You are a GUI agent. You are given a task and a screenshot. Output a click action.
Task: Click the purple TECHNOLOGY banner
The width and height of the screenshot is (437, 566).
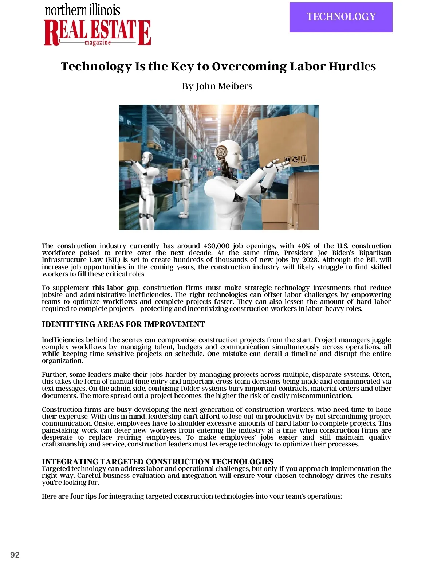[x=341, y=17]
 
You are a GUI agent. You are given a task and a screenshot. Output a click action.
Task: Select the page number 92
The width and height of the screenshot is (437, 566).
[x=15, y=555]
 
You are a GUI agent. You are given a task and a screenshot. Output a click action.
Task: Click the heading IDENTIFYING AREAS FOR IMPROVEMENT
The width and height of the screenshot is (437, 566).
[x=123, y=324]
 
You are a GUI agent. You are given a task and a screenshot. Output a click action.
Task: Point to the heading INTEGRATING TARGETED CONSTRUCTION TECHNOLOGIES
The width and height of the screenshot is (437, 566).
[x=157, y=461]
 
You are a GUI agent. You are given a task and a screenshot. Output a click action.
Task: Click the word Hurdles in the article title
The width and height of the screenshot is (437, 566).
[x=352, y=66]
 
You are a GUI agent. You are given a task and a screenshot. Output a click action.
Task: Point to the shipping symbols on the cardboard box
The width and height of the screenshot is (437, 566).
[x=295, y=159]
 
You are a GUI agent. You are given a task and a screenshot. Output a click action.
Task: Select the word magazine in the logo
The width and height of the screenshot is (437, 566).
[x=98, y=43]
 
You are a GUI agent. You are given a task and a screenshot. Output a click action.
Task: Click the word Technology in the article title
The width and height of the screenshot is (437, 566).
[x=96, y=66]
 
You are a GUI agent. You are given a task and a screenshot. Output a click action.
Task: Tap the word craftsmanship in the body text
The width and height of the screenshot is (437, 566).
[x=64, y=444]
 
